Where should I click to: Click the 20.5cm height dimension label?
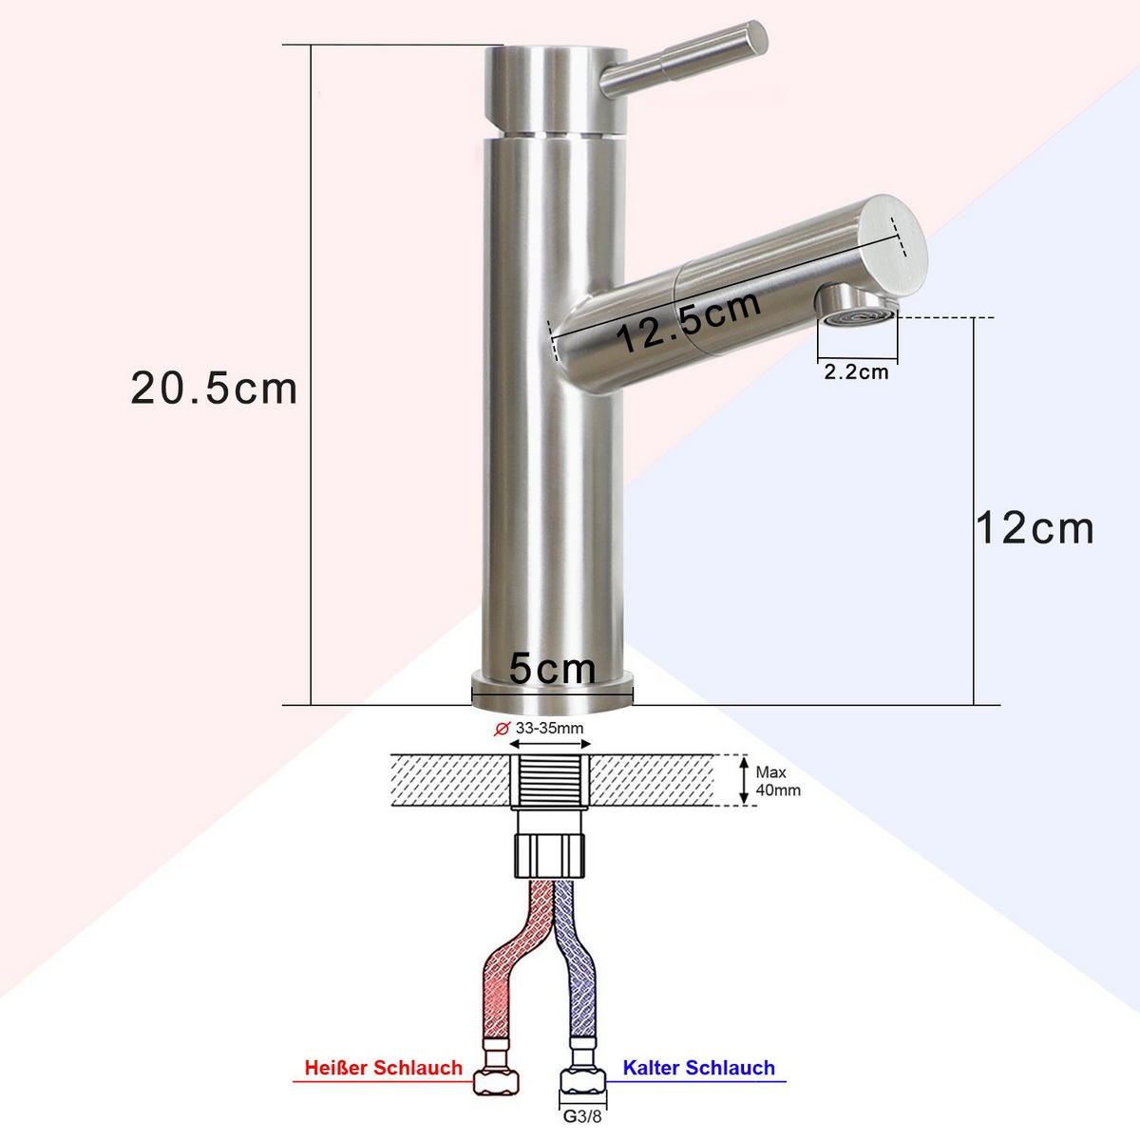point(215,388)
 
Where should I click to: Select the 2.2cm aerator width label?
point(856,371)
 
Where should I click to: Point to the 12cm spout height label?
point(1035,528)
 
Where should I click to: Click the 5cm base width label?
point(552,668)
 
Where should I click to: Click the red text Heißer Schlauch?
point(383,1068)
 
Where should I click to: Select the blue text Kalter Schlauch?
point(698,1068)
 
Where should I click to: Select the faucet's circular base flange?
point(552,691)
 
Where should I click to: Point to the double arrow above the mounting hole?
point(552,745)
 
